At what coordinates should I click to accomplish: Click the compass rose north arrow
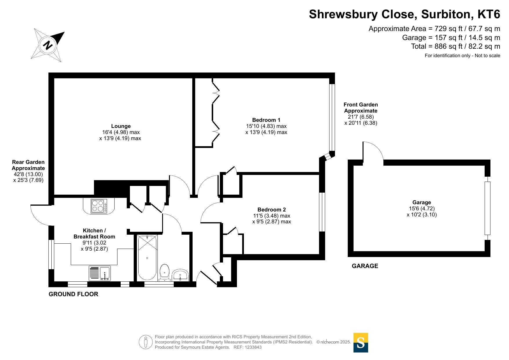coord(48,45)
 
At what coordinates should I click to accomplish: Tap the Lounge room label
coord(121,126)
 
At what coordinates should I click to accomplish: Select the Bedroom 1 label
coord(266,120)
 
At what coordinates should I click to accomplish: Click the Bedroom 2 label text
coord(271,210)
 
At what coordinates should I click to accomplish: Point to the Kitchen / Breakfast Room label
coord(94,234)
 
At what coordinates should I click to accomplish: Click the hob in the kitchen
coord(99,206)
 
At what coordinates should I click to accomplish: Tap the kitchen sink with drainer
coord(99,273)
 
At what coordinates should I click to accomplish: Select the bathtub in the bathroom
coord(147,258)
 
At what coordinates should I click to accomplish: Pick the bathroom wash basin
coord(180,275)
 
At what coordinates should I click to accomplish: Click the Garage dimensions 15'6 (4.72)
coord(422,209)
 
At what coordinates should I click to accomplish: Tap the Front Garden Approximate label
coord(361,108)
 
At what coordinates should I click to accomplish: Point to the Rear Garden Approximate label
coord(28,165)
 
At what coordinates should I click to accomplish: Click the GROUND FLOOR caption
coord(73,294)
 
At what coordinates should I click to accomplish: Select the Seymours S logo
coord(361,343)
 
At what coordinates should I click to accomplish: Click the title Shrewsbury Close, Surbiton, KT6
coord(405,14)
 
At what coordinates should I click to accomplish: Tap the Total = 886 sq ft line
coord(456,46)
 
